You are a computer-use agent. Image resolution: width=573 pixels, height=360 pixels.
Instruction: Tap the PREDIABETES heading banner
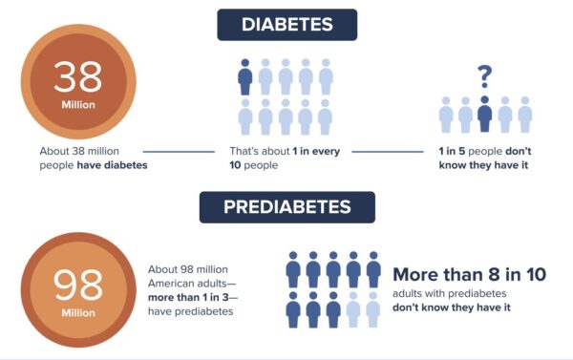pyautogui.click(x=286, y=207)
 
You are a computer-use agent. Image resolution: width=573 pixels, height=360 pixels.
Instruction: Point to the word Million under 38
pyautogui.click(x=77, y=105)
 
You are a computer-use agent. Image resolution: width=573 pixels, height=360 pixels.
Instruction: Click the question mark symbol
pyautogui.click(x=484, y=74)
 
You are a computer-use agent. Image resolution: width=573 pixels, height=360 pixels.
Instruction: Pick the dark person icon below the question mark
pyautogui.click(x=484, y=114)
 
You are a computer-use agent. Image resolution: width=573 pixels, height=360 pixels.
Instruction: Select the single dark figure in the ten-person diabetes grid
pyautogui.click(x=245, y=76)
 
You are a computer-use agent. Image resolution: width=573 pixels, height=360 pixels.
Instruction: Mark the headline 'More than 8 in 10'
pyautogui.click(x=469, y=274)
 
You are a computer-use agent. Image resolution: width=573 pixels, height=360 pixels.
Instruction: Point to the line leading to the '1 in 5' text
pyautogui.click(x=387, y=151)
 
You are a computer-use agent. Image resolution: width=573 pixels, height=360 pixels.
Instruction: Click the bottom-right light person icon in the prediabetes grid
pyautogui.click(x=374, y=310)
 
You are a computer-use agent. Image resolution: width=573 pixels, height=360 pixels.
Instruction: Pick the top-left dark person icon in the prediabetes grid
pyautogui.click(x=293, y=269)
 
